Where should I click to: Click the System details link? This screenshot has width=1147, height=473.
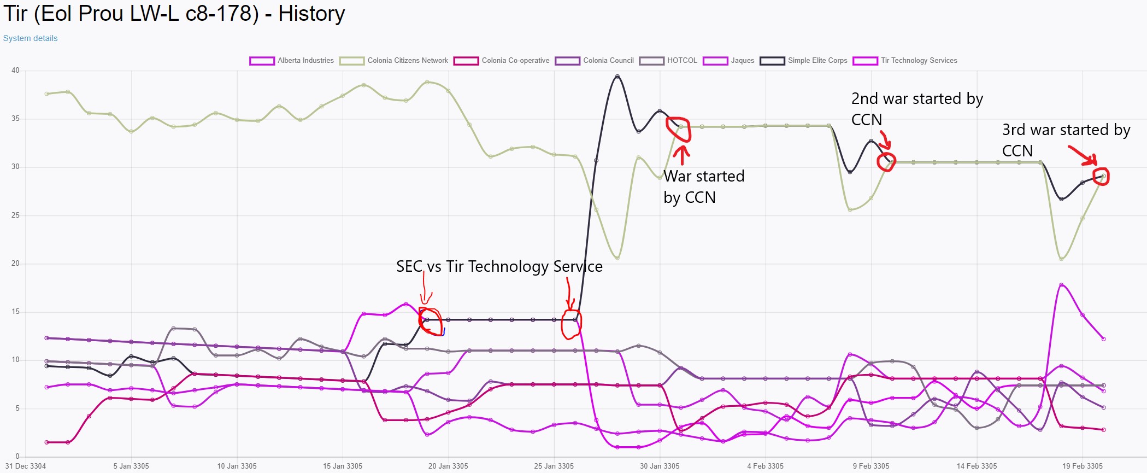30,38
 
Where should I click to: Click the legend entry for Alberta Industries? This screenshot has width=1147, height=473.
291,61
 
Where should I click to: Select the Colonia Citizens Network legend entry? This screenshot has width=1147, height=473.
393,61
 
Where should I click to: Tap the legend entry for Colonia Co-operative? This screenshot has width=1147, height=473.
502,61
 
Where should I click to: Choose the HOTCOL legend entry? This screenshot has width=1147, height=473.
668,61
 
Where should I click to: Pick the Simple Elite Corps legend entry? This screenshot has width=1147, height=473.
803,61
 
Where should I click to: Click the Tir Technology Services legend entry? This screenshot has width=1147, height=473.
905,61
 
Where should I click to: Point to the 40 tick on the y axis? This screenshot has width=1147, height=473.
15,71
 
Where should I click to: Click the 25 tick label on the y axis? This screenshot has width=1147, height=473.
15,215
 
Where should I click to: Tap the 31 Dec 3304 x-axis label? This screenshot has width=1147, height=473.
26,466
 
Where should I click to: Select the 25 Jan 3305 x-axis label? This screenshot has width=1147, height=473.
554,466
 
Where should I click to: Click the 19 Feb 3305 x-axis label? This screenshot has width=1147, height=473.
1083,466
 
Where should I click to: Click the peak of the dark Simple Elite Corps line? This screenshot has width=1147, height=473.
617,77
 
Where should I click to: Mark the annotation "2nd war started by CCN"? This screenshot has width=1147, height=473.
917,109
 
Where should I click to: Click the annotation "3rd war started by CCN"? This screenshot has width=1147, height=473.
1066,140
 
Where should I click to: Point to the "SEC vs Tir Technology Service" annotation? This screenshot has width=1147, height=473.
499,266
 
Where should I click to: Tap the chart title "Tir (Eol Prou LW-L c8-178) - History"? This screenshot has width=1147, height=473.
174,14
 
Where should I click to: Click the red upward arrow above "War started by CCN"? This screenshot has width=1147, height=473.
681,155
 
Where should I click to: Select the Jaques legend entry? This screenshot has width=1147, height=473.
728,61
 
